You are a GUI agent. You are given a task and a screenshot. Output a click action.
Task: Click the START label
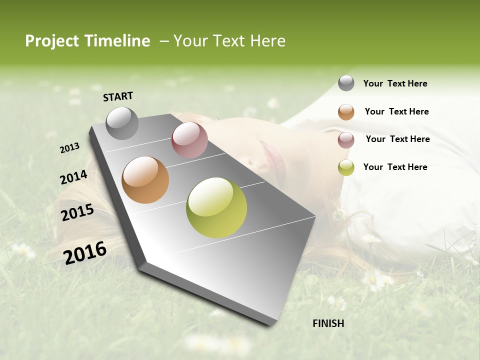[x=118, y=96]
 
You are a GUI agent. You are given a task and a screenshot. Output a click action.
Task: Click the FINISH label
[x=328, y=323]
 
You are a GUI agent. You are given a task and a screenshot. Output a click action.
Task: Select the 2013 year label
[x=69, y=148]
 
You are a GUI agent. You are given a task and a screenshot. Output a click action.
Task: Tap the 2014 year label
[x=73, y=177]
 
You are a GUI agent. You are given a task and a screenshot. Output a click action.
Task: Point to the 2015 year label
[x=77, y=212]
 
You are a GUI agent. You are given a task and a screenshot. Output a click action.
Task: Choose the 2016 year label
[x=85, y=252]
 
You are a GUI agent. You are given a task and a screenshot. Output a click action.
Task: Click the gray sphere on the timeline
[x=122, y=123]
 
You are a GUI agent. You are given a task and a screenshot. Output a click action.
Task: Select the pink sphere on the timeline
[x=189, y=140]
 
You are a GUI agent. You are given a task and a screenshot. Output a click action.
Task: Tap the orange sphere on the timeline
[x=145, y=180]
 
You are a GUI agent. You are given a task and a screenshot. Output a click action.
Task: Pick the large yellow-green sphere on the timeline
[x=216, y=207]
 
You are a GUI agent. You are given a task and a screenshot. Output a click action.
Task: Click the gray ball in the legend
[x=346, y=83]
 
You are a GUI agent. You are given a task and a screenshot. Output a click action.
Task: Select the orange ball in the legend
[x=346, y=112]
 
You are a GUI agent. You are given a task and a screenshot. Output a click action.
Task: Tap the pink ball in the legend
[x=346, y=140]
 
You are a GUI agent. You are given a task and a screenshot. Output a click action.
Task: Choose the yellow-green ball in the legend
[x=346, y=167]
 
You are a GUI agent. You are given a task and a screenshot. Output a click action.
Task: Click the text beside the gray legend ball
[x=395, y=83]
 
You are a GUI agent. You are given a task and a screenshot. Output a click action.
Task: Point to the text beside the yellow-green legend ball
[x=395, y=167]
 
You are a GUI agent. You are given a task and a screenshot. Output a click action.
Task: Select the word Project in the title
[x=52, y=41]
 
